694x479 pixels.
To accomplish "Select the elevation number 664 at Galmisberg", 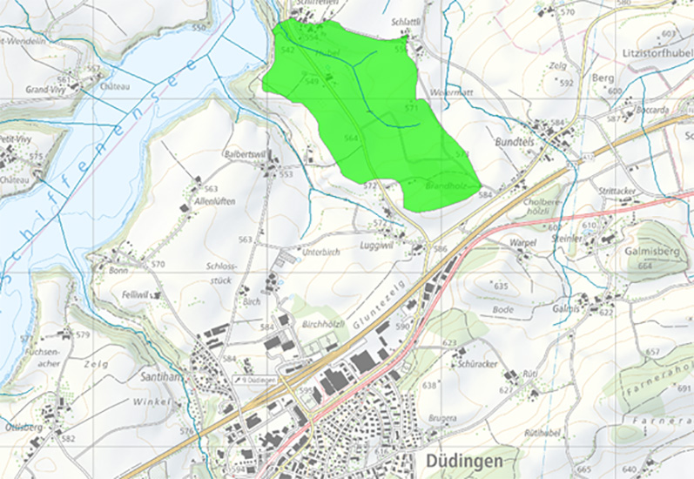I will [644, 266].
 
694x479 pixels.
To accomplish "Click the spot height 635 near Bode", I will [500, 286].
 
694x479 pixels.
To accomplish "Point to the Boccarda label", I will [652, 111].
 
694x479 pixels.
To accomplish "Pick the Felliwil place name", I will [137, 294].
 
